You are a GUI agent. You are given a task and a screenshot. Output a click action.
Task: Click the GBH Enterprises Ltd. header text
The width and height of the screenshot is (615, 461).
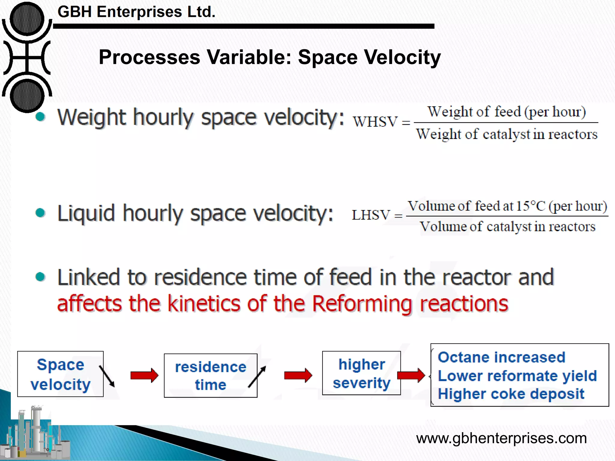click(136, 12)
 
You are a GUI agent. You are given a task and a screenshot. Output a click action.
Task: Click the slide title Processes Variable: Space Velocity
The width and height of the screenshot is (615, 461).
click(270, 57)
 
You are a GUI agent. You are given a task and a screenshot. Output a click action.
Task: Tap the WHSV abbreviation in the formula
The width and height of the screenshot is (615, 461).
click(375, 122)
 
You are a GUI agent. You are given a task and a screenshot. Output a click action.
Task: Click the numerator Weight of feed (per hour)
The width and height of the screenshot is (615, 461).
click(507, 112)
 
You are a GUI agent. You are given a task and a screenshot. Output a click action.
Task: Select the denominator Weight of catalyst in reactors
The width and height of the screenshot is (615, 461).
click(507, 134)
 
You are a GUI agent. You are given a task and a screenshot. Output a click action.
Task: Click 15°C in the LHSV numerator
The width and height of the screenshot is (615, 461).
click(530, 206)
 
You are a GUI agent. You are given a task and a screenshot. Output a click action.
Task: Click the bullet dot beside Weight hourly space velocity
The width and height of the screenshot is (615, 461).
click(40, 117)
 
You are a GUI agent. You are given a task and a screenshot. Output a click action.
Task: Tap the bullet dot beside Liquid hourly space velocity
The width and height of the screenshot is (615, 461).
click(40, 213)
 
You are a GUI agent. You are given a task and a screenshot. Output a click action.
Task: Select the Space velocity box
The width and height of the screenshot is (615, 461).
click(60, 374)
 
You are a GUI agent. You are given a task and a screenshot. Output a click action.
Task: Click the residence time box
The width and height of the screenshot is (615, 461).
click(210, 375)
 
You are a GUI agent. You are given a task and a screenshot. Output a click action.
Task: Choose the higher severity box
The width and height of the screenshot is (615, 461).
click(361, 373)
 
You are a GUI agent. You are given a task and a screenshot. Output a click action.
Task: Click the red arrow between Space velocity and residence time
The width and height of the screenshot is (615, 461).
click(144, 375)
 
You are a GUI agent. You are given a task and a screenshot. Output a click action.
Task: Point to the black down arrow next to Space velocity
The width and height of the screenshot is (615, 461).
click(107, 376)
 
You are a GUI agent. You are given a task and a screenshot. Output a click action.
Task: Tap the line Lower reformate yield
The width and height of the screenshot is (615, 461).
click(517, 376)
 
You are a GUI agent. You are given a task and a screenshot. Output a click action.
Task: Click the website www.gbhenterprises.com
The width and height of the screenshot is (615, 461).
click(501, 438)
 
